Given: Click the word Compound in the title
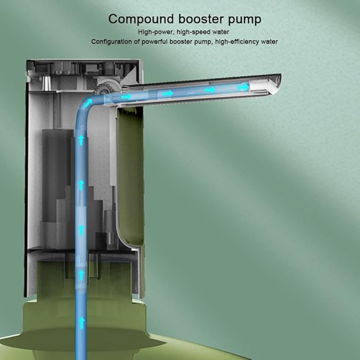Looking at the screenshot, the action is coord(141,19).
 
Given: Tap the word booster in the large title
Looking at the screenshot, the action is coord(201,19).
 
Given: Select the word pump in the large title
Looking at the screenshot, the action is coord(245,20).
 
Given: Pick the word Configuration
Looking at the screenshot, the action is coord(111,42).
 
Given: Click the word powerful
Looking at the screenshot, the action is coord(154,42).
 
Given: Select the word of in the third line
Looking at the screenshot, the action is coord(137,42).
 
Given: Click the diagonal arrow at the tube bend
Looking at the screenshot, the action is coord(89,103).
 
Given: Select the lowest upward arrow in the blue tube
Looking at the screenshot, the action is coord(82,323).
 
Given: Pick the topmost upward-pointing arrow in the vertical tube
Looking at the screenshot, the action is coord(81,140).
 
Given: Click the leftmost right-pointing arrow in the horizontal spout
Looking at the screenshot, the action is coord(127,96).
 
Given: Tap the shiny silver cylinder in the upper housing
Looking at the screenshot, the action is coord(46,83).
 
